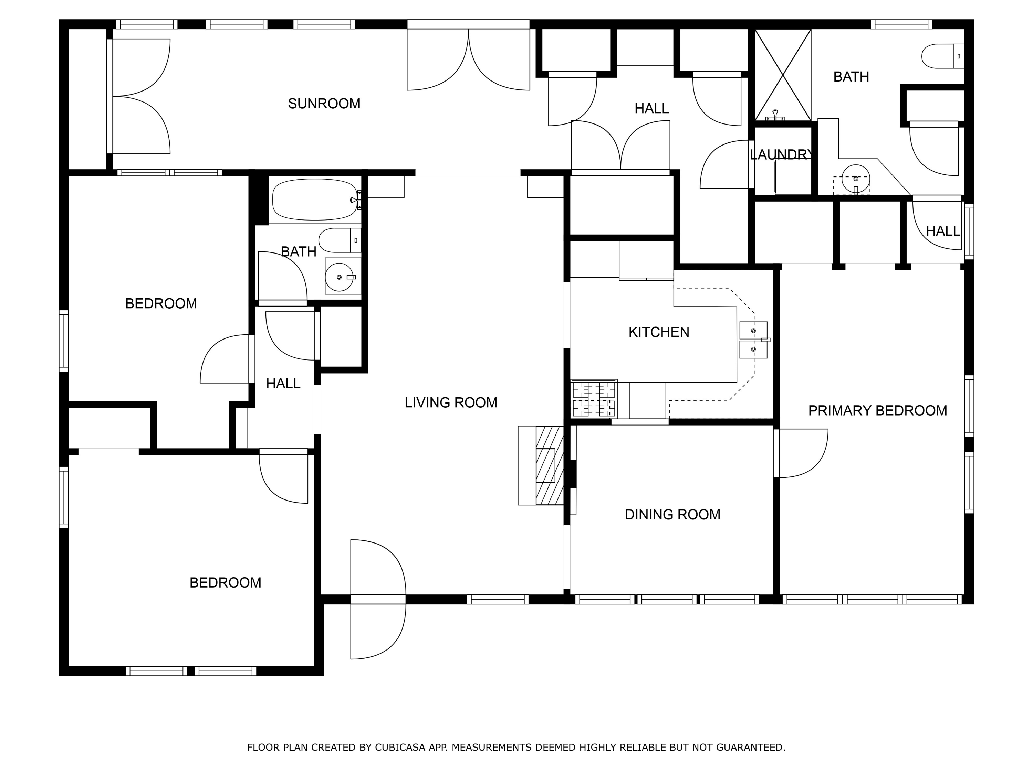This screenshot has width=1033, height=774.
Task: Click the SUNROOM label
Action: coord(324,104)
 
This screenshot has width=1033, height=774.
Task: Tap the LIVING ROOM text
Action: coord(451,402)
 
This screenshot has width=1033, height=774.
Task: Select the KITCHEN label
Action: coord(658,332)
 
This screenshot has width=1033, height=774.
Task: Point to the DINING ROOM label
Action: coord(672,515)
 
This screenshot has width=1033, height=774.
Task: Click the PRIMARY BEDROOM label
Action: coord(877,410)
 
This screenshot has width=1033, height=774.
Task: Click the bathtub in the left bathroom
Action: coord(315,200)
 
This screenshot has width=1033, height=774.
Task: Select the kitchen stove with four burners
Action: coord(594,399)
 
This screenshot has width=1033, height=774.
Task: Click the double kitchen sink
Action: coord(753,340)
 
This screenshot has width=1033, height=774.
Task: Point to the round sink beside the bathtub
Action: coord(340,277)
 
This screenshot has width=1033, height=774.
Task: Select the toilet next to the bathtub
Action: coord(340,240)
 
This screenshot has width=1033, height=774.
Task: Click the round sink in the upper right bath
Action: coord(856,179)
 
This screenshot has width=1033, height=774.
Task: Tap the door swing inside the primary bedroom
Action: coord(801,453)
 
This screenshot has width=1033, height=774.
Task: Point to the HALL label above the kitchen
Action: coord(651,109)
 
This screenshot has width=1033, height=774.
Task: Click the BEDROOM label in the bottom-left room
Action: coord(225,583)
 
